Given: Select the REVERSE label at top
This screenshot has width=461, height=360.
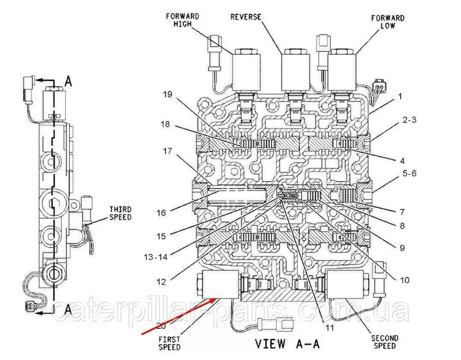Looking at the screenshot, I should tap(245, 17).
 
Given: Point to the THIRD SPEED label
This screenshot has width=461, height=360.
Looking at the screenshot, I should tap(120, 213).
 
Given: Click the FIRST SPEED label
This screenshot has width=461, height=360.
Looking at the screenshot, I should tap(169, 343).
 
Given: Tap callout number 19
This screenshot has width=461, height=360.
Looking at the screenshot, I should tap(166, 95).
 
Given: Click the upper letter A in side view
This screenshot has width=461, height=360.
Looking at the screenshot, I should tap(68, 82).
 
